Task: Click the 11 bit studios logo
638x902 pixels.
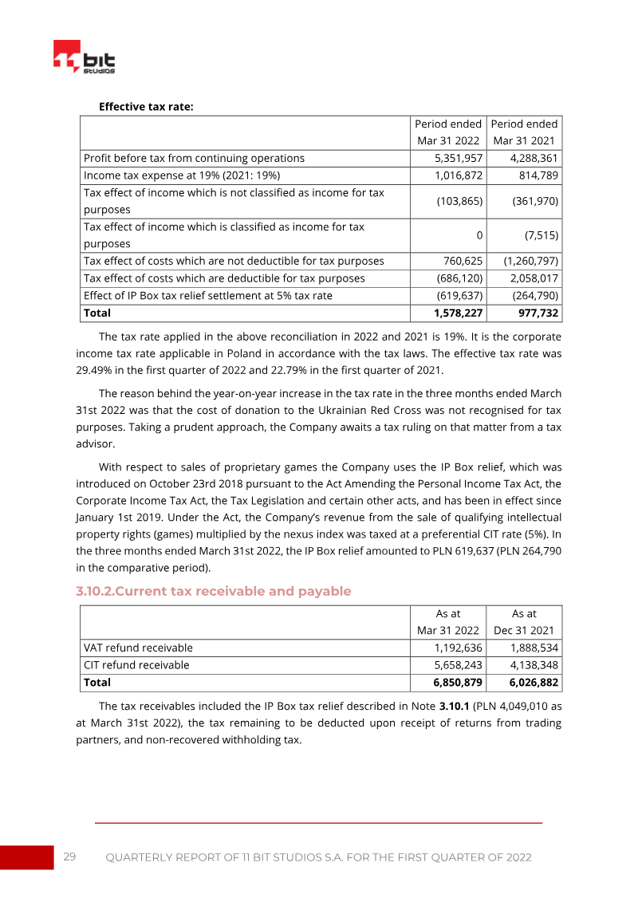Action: [x=84, y=58]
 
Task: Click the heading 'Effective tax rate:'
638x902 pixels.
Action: [x=146, y=106]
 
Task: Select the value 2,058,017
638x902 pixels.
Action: [x=530, y=278]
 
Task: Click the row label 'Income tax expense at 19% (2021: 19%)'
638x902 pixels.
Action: [x=181, y=175]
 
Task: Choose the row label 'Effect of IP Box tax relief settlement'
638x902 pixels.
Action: [x=207, y=295]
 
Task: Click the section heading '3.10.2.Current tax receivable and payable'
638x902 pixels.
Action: [x=213, y=591]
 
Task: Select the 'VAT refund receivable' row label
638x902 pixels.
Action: [x=138, y=648]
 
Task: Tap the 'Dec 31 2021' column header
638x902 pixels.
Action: [x=524, y=631]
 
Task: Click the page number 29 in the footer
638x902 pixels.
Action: [x=69, y=857]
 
